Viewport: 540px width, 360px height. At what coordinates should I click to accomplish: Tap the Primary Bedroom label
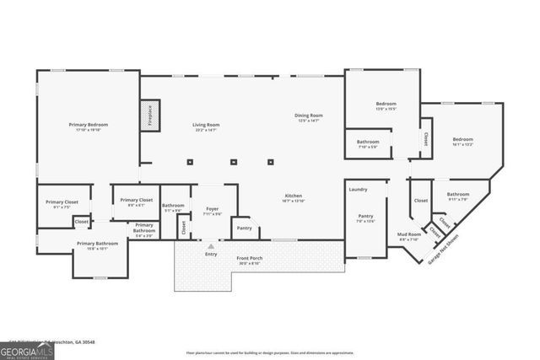click(x=89, y=127)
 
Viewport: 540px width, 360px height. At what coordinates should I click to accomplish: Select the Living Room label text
click(x=206, y=127)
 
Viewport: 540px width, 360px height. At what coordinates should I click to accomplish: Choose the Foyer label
click(x=213, y=211)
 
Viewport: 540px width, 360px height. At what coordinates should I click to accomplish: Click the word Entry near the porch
click(x=211, y=254)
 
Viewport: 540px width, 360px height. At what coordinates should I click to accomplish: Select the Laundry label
click(x=358, y=190)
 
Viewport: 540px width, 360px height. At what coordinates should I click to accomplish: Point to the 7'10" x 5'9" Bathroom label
click(x=367, y=143)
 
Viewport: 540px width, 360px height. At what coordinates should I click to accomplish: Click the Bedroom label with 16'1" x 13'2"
click(x=462, y=142)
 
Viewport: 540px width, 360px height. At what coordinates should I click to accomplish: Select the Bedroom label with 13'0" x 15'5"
click(x=386, y=105)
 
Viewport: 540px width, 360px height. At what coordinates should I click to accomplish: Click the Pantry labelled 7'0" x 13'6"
click(x=365, y=218)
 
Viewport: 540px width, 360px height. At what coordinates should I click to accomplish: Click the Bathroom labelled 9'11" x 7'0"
click(x=458, y=196)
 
